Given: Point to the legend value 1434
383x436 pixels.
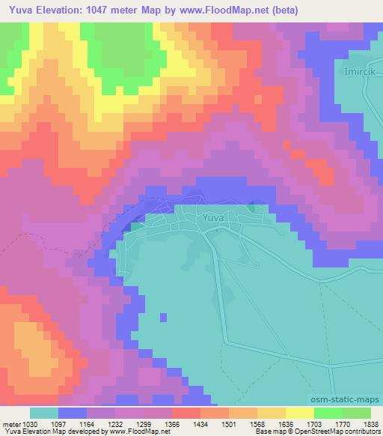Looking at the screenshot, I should (200, 423).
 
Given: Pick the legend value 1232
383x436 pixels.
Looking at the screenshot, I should (114, 423).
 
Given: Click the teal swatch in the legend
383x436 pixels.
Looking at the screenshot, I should (44, 413).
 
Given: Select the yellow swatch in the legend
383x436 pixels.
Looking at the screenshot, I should (299, 413).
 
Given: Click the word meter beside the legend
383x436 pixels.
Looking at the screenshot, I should (11, 423).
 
